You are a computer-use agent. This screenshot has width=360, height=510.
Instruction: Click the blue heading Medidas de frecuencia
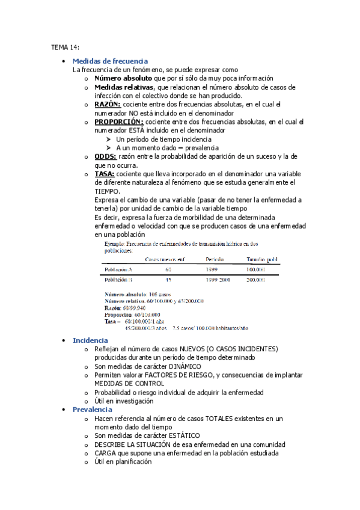(x=109, y=61)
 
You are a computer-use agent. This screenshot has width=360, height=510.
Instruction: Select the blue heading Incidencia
(x=90, y=340)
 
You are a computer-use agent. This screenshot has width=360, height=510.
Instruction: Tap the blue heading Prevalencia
(x=93, y=410)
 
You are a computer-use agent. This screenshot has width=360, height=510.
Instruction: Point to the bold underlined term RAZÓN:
(x=109, y=105)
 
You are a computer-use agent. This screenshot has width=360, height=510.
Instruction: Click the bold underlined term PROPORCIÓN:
(x=119, y=122)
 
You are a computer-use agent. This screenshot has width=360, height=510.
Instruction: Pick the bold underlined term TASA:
(x=105, y=174)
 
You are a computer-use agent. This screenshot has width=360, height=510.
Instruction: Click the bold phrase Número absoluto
(x=123, y=78)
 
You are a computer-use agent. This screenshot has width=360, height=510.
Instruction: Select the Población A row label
(x=118, y=269)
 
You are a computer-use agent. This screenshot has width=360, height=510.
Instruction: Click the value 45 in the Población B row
(x=168, y=280)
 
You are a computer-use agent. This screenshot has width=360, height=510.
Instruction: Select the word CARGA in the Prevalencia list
(x=105, y=453)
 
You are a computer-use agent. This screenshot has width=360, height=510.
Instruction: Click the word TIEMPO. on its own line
(x=107, y=191)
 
